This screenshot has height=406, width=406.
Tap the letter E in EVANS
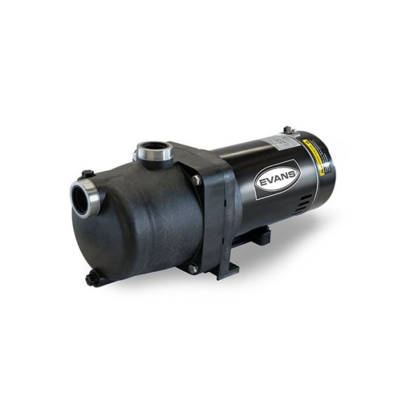pyautogui.click(x=260, y=184)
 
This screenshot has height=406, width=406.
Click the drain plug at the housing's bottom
pyautogui.click(x=91, y=278)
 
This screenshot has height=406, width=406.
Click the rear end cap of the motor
pyautogui.click(x=325, y=176)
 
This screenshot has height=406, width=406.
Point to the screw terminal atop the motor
pyautogui.click(x=288, y=130)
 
